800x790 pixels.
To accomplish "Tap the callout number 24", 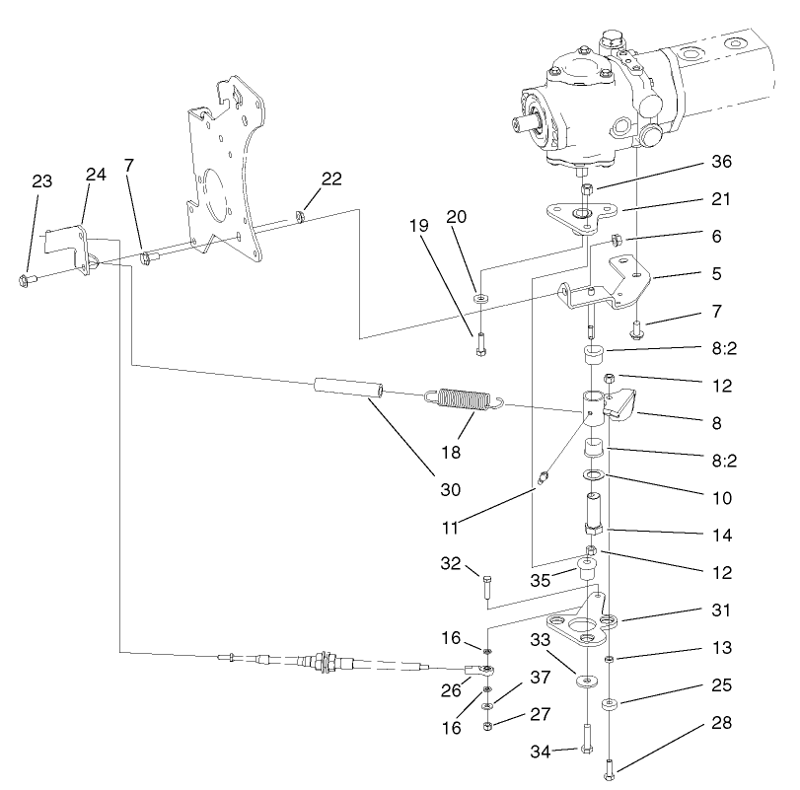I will click(96, 174).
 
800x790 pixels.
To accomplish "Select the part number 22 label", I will click(331, 178).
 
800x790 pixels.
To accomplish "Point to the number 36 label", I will click(723, 161).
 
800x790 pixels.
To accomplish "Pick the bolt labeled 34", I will click(587, 738).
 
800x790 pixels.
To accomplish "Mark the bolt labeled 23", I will click(27, 280).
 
